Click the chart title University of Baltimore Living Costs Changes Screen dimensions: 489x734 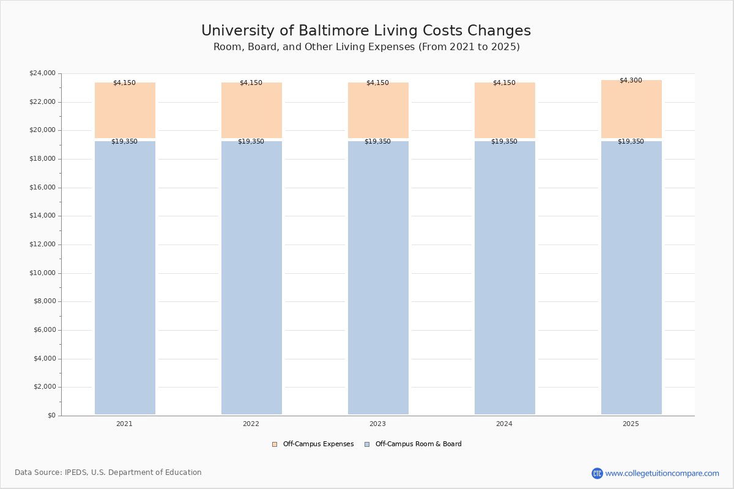pyautogui.click(x=366, y=31)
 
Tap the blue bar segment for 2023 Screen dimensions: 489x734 pyautogui.click(x=378, y=278)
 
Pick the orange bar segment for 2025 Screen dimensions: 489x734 pyautogui.click(x=631, y=110)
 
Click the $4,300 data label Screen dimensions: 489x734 pyautogui.click(x=631, y=81)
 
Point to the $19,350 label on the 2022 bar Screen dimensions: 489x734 pyautogui.click(x=251, y=142)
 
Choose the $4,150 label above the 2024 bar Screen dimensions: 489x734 pyautogui.click(x=504, y=83)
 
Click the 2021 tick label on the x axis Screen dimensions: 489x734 pyautogui.click(x=124, y=424)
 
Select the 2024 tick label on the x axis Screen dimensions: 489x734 pyautogui.click(x=504, y=424)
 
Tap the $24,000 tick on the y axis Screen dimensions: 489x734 pyautogui.click(x=42, y=73)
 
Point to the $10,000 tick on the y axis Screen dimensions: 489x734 pyautogui.click(x=42, y=273)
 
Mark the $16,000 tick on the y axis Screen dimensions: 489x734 pyautogui.click(x=42, y=188)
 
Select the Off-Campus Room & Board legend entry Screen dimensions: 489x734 pyautogui.click(x=418, y=444)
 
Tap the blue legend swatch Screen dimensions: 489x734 pyautogui.click(x=367, y=444)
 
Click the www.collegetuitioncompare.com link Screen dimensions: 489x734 pyautogui.click(x=662, y=473)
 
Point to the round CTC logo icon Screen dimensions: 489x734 pyautogui.click(x=597, y=473)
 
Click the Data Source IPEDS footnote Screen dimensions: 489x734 pyautogui.click(x=108, y=472)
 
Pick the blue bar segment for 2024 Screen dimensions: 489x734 pyautogui.click(x=505, y=278)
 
